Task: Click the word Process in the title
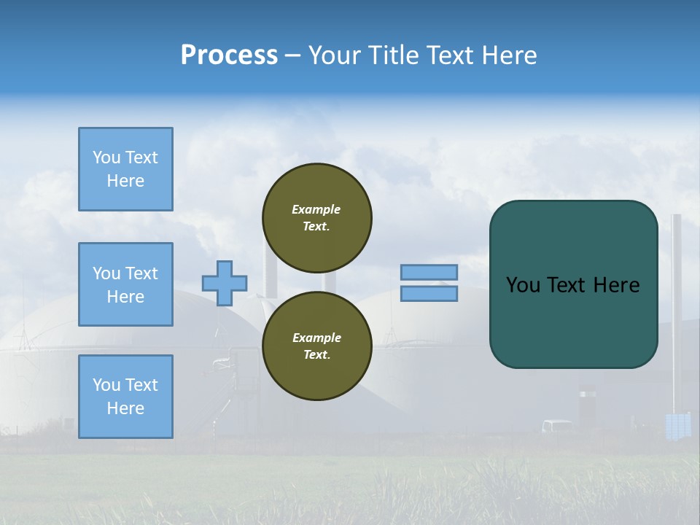(x=229, y=55)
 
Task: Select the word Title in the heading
(x=392, y=55)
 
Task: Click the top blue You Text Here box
(x=125, y=169)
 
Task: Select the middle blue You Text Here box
(x=125, y=284)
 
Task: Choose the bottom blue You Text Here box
(x=125, y=396)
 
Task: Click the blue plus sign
(x=225, y=283)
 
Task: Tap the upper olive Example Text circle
(x=317, y=218)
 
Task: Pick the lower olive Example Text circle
(x=317, y=346)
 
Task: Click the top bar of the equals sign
(x=429, y=272)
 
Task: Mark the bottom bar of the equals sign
(x=429, y=293)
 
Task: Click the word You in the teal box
(x=522, y=285)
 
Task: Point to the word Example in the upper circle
(x=316, y=209)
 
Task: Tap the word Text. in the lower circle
(x=316, y=355)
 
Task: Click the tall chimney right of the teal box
(x=676, y=306)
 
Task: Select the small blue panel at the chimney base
(x=678, y=426)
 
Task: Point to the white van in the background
(x=557, y=426)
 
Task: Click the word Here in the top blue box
(x=125, y=181)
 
